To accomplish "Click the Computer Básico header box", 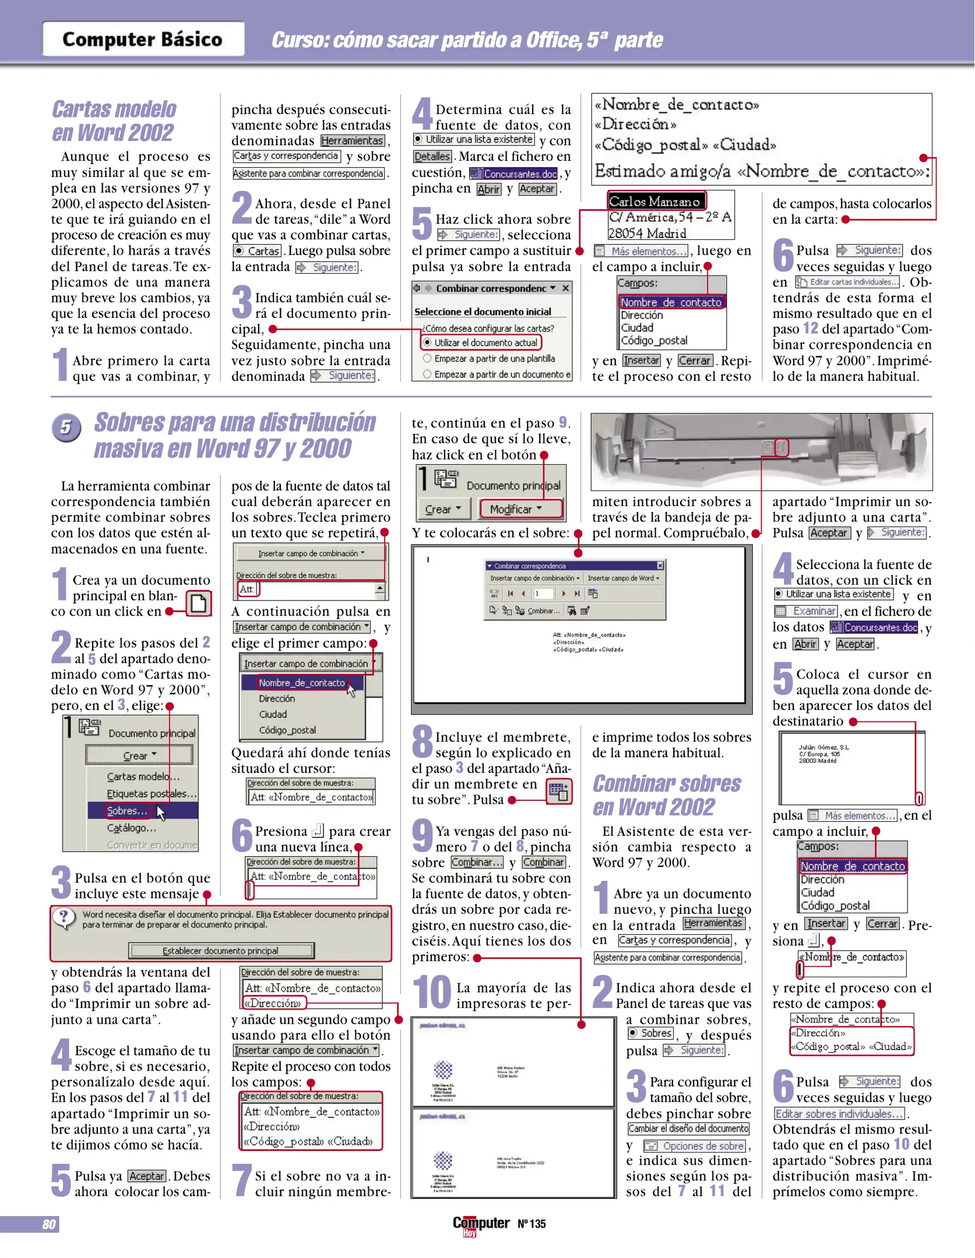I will pyautogui.click(x=143, y=39).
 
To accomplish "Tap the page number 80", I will pyautogui.click(x=49, y=1224).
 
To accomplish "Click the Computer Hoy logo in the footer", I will pyautogui.click(x=481, y=1224).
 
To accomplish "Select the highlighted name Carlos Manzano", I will pyautogui.click(x=656, y=202).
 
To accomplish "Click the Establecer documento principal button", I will pyautogui.click(x=221, y=951).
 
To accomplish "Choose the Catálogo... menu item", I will pyautogui.click(x=131, y=828).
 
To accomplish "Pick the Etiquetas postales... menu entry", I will pyautogui.click(x=151, y=794).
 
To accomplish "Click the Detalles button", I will pyautogui.click(x=432, y=156).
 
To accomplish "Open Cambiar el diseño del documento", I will pyautogui.click(x=688, y=1129).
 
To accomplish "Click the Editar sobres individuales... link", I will pyautogui.click(x=839, y=1114).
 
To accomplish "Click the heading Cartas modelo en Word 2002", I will pyautogui.click(x=114, y=121).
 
